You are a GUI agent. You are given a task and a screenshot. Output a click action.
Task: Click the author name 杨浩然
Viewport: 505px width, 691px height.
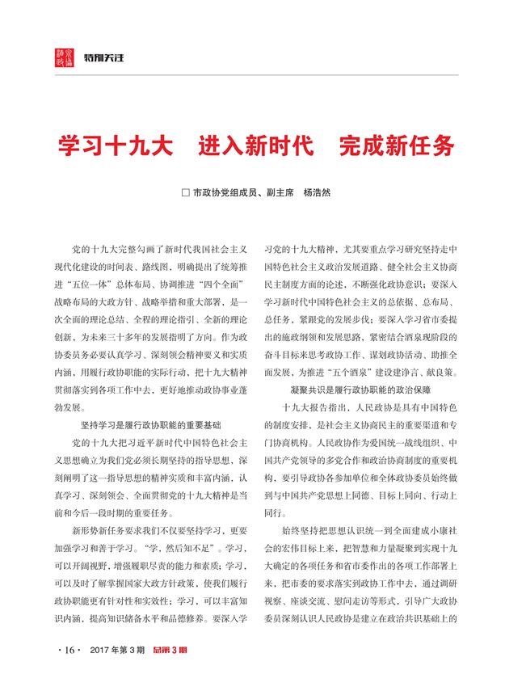coord(317,194)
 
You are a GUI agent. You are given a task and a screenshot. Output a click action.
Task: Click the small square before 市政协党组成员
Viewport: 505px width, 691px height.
coord(186,194)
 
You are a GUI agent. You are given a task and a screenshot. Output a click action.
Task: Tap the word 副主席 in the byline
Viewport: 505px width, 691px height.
coord(278,194)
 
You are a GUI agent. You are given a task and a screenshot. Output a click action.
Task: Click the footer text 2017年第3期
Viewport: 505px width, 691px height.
coord(115,651)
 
